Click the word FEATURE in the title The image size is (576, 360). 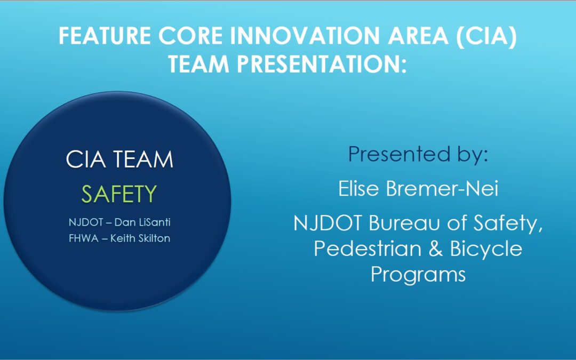(x=105, y=36)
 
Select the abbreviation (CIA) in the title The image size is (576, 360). (x=486, y=36)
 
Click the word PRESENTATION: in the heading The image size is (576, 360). (x=322, y=64)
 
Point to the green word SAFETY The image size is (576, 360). (x=119, y=194)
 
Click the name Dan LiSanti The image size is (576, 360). (x=142, y=222)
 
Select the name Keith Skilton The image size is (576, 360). (x=140, y=238)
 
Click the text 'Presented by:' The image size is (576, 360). (x=418, y=154)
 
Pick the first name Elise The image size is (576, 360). (x=358, y=188)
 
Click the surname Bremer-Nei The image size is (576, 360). (x=442, y=188)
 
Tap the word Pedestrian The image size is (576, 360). (x=367, y=249)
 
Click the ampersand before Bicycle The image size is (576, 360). (x=435, y=249)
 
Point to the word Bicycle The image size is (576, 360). (x=486, y=250)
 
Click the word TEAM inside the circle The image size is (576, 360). (x=143, y=159)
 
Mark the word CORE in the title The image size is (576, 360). (x=190, y=36)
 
